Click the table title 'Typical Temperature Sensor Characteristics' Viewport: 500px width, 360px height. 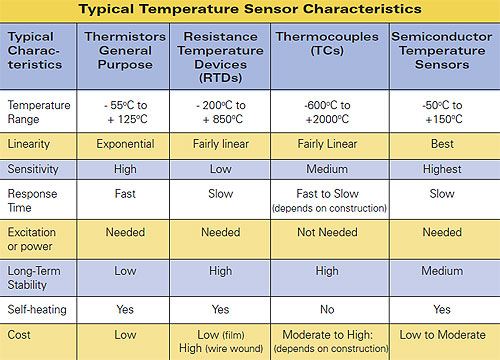click(250, 9)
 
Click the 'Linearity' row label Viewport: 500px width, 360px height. click(33, 145)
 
